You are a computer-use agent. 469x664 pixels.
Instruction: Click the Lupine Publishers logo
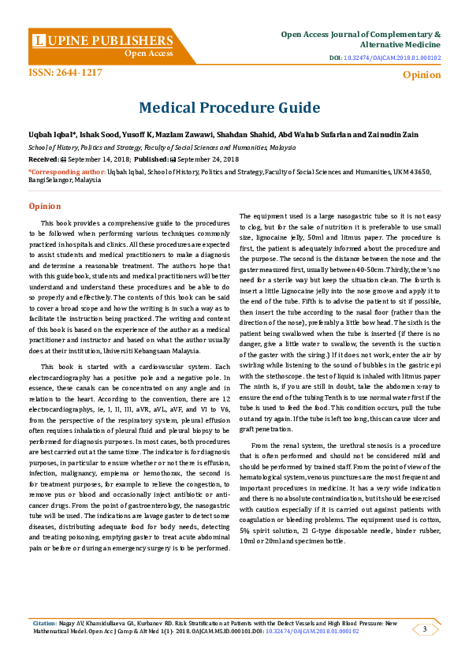tap(103, 40)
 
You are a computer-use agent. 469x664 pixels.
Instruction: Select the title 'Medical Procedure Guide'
tap(229, 107)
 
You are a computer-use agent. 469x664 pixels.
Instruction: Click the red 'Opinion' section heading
tap(45, 206)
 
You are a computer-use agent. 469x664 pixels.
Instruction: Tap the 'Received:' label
tap(43, 159)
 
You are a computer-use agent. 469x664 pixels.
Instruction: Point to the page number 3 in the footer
tap(426, 629)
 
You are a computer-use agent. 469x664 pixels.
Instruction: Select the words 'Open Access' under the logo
tap(149, 54)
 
